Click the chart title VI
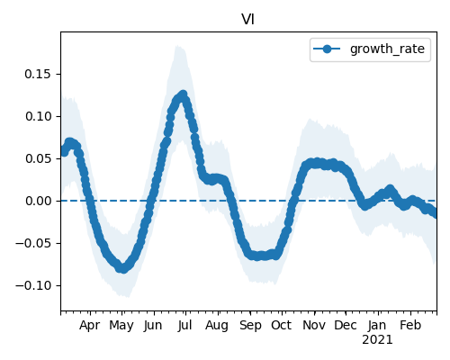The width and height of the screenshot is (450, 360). [248, 20]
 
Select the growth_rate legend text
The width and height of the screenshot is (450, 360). [387, 49]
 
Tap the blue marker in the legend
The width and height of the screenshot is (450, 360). [327, 49]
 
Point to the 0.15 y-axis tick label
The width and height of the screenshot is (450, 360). [38, 74]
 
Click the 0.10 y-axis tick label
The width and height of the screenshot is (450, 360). [38, 116]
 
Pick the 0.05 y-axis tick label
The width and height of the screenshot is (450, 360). [38, 158]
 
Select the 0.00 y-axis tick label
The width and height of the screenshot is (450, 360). [38, 201]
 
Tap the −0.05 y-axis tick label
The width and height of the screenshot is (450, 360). [33, 243]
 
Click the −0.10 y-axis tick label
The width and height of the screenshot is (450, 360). [33, 285]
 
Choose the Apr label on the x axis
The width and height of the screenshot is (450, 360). [89, 326]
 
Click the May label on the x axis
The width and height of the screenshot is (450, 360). [121, 326]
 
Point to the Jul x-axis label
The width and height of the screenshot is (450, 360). [184, 325]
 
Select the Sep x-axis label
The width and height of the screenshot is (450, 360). [250, 326]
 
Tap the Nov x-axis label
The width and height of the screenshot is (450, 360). [314, 325]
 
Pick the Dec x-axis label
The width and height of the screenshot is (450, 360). [346, 325]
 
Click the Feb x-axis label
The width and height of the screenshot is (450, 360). [410, 325]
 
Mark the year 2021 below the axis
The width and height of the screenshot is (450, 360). [377, 340]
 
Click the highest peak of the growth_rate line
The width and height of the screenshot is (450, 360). [183, 94]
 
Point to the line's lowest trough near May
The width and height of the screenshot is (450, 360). [123, 269]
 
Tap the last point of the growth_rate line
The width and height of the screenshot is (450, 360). [435, 213]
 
